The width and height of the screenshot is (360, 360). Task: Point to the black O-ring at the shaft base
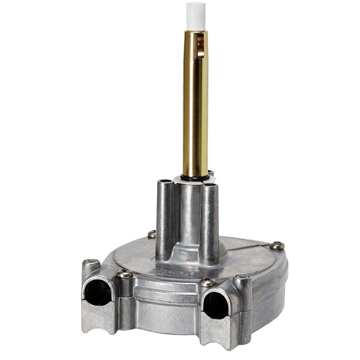194,177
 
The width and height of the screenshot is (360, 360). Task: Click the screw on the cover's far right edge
277,246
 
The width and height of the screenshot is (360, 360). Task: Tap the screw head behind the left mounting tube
152,234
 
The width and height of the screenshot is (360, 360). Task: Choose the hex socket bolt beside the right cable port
242,278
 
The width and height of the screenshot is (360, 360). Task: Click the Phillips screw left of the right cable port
207,282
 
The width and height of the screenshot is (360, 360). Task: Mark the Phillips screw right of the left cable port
125,274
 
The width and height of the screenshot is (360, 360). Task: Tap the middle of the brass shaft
195,108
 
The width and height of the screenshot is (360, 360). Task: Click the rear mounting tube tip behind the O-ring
211,173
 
